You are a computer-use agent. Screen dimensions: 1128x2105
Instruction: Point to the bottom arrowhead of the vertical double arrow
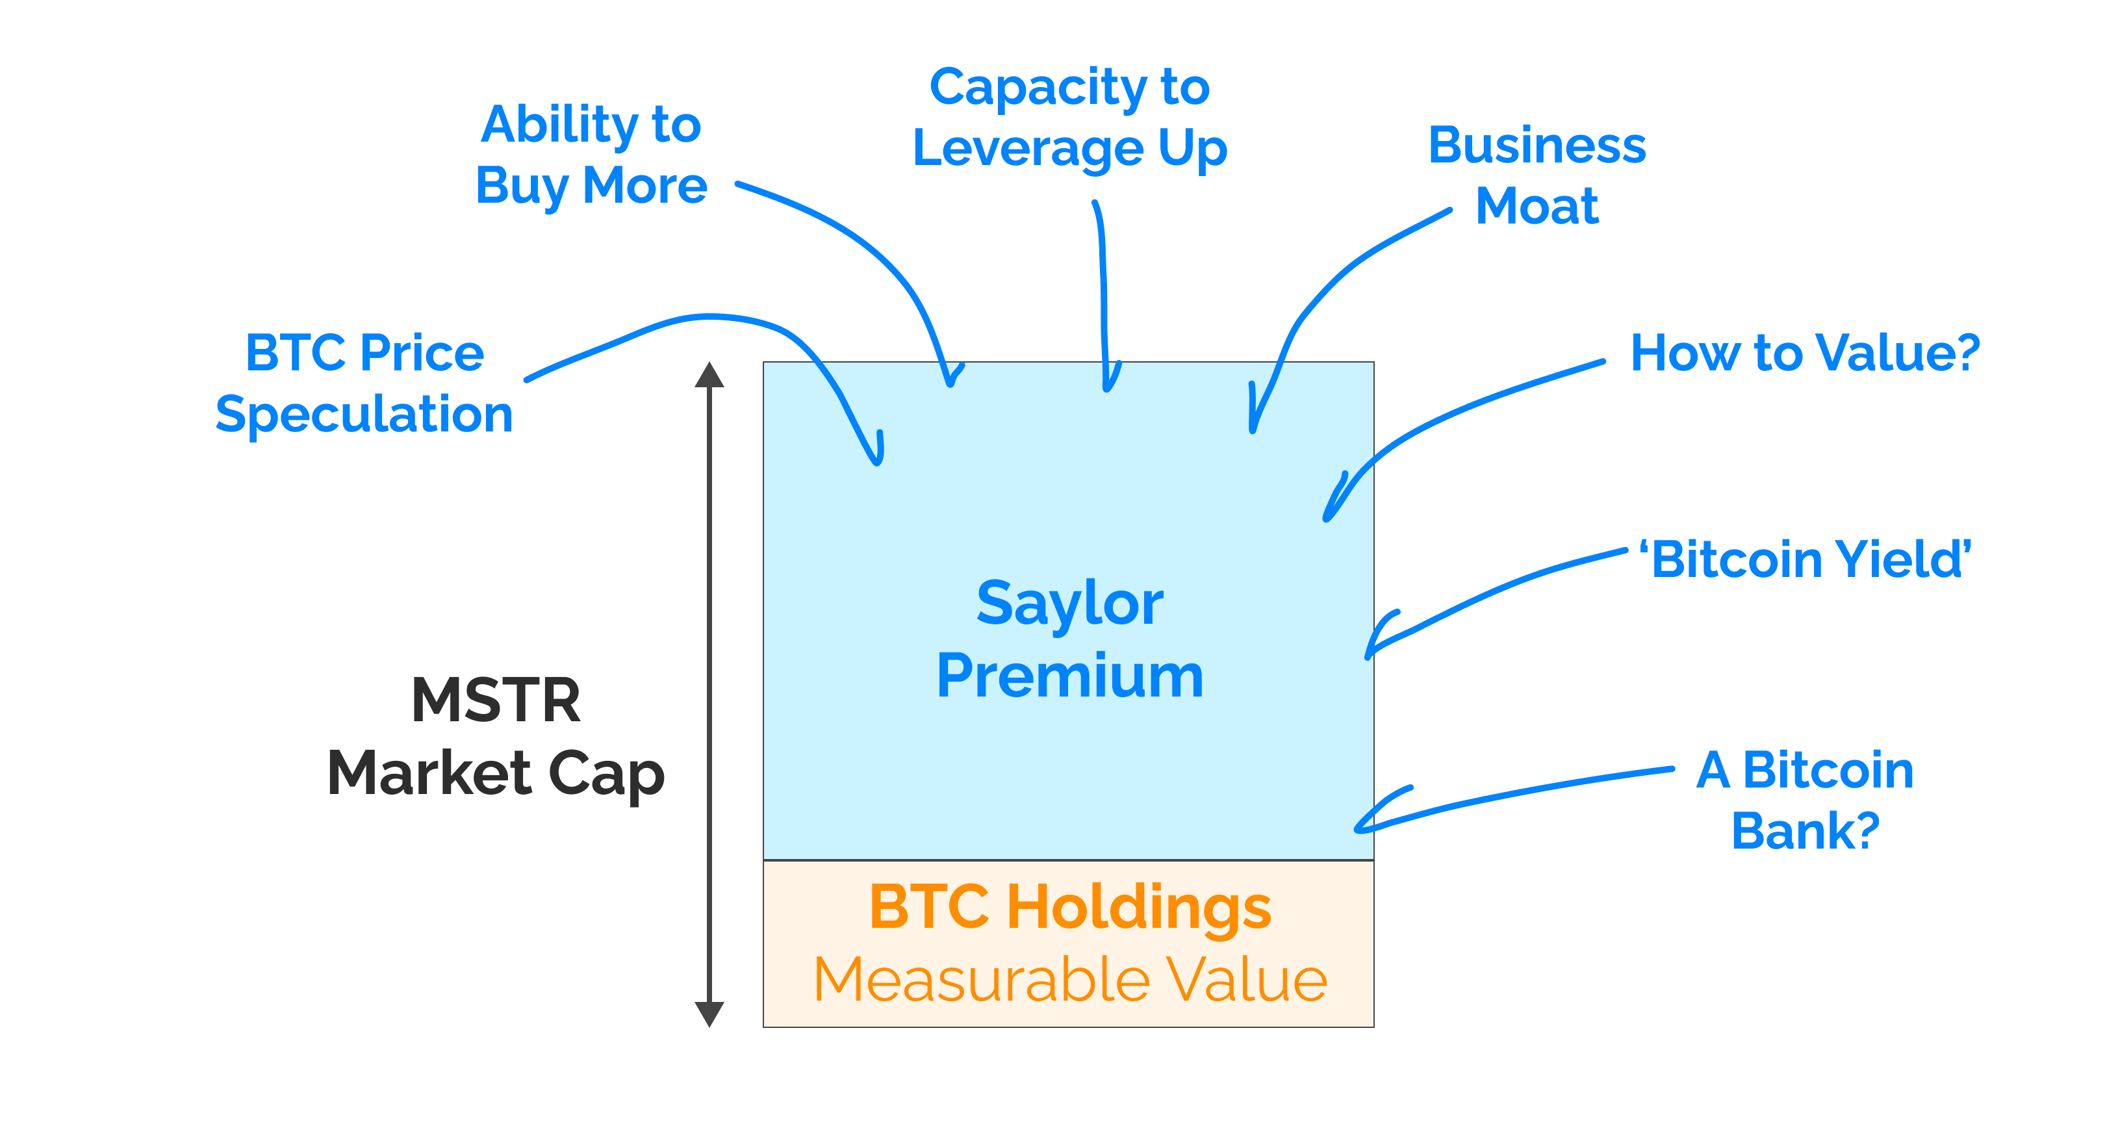[x=709, y=1014]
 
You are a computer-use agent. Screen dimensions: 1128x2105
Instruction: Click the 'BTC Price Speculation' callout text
[x=364, y=383]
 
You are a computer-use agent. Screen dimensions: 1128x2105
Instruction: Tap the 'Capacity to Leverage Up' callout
[x=1069, y=118]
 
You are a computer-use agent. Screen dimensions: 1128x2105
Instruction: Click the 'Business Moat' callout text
[x=1537, y=175]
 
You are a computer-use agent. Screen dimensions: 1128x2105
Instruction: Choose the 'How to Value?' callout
[x=1804, y=353]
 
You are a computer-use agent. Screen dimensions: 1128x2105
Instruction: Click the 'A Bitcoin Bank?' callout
[x=1805, y=801]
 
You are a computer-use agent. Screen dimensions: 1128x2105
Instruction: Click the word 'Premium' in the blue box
[x=1069, y=677]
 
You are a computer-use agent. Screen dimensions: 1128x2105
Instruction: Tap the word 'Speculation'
[x=364, y=415]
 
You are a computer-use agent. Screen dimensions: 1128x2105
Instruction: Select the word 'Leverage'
[x=1028, y=149]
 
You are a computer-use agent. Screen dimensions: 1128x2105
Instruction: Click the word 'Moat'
[x=1537, y=205]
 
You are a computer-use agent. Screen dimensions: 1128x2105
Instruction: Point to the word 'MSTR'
[x=496, y=700]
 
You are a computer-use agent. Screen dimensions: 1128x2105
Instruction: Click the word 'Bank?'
[x=1805, y=831]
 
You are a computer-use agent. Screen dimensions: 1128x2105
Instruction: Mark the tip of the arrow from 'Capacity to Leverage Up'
[x=1107, y=389]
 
